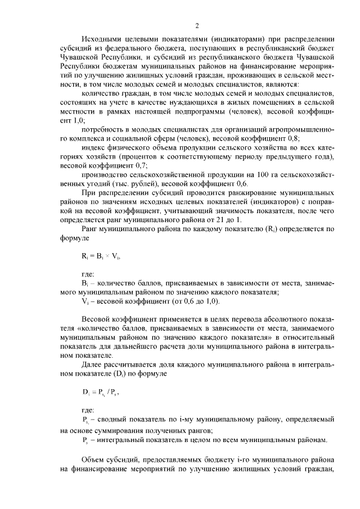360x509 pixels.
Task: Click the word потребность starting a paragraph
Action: (x=103, y=129)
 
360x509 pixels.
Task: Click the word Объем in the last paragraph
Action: (x=93, y=459)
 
